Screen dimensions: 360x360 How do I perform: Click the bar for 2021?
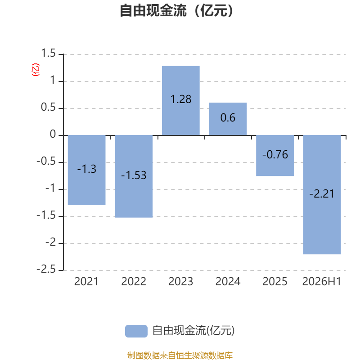(x=86, y=170)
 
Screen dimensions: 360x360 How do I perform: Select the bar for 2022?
(x=134, y=176)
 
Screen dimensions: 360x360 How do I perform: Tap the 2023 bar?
(x=181, y=100)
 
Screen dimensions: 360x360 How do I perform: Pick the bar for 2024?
(x=228, y=119)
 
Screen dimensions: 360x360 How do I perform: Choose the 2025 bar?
(x=275, y=156)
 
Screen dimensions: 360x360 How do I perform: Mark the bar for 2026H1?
(x=322, y=195)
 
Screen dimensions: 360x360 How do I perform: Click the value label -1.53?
(x=134, y=175)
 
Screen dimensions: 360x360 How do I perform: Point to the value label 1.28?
(x=181, y=99)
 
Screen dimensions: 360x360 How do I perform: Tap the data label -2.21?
(x=322, y=194)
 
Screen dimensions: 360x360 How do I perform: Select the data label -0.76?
(x=275, y=154)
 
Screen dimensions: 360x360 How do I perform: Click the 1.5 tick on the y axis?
(x=48, y=53)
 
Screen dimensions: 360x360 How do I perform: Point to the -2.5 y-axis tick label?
(x=46, y=269)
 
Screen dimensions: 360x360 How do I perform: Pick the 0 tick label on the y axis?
(x=53, y=134)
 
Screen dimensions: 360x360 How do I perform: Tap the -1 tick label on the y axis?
(x=50, y=188)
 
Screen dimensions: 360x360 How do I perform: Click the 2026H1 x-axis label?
(x=322, y=282)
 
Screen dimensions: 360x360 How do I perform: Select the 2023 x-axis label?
(x=181, y=282)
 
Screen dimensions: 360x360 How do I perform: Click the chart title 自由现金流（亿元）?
(x=176, y=11)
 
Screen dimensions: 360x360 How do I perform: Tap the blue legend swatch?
(x=136, y=331)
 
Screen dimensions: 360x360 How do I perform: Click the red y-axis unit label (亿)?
(x=36, y=70)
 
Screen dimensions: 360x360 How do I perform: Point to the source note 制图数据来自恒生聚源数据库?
(x=180, y=355)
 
